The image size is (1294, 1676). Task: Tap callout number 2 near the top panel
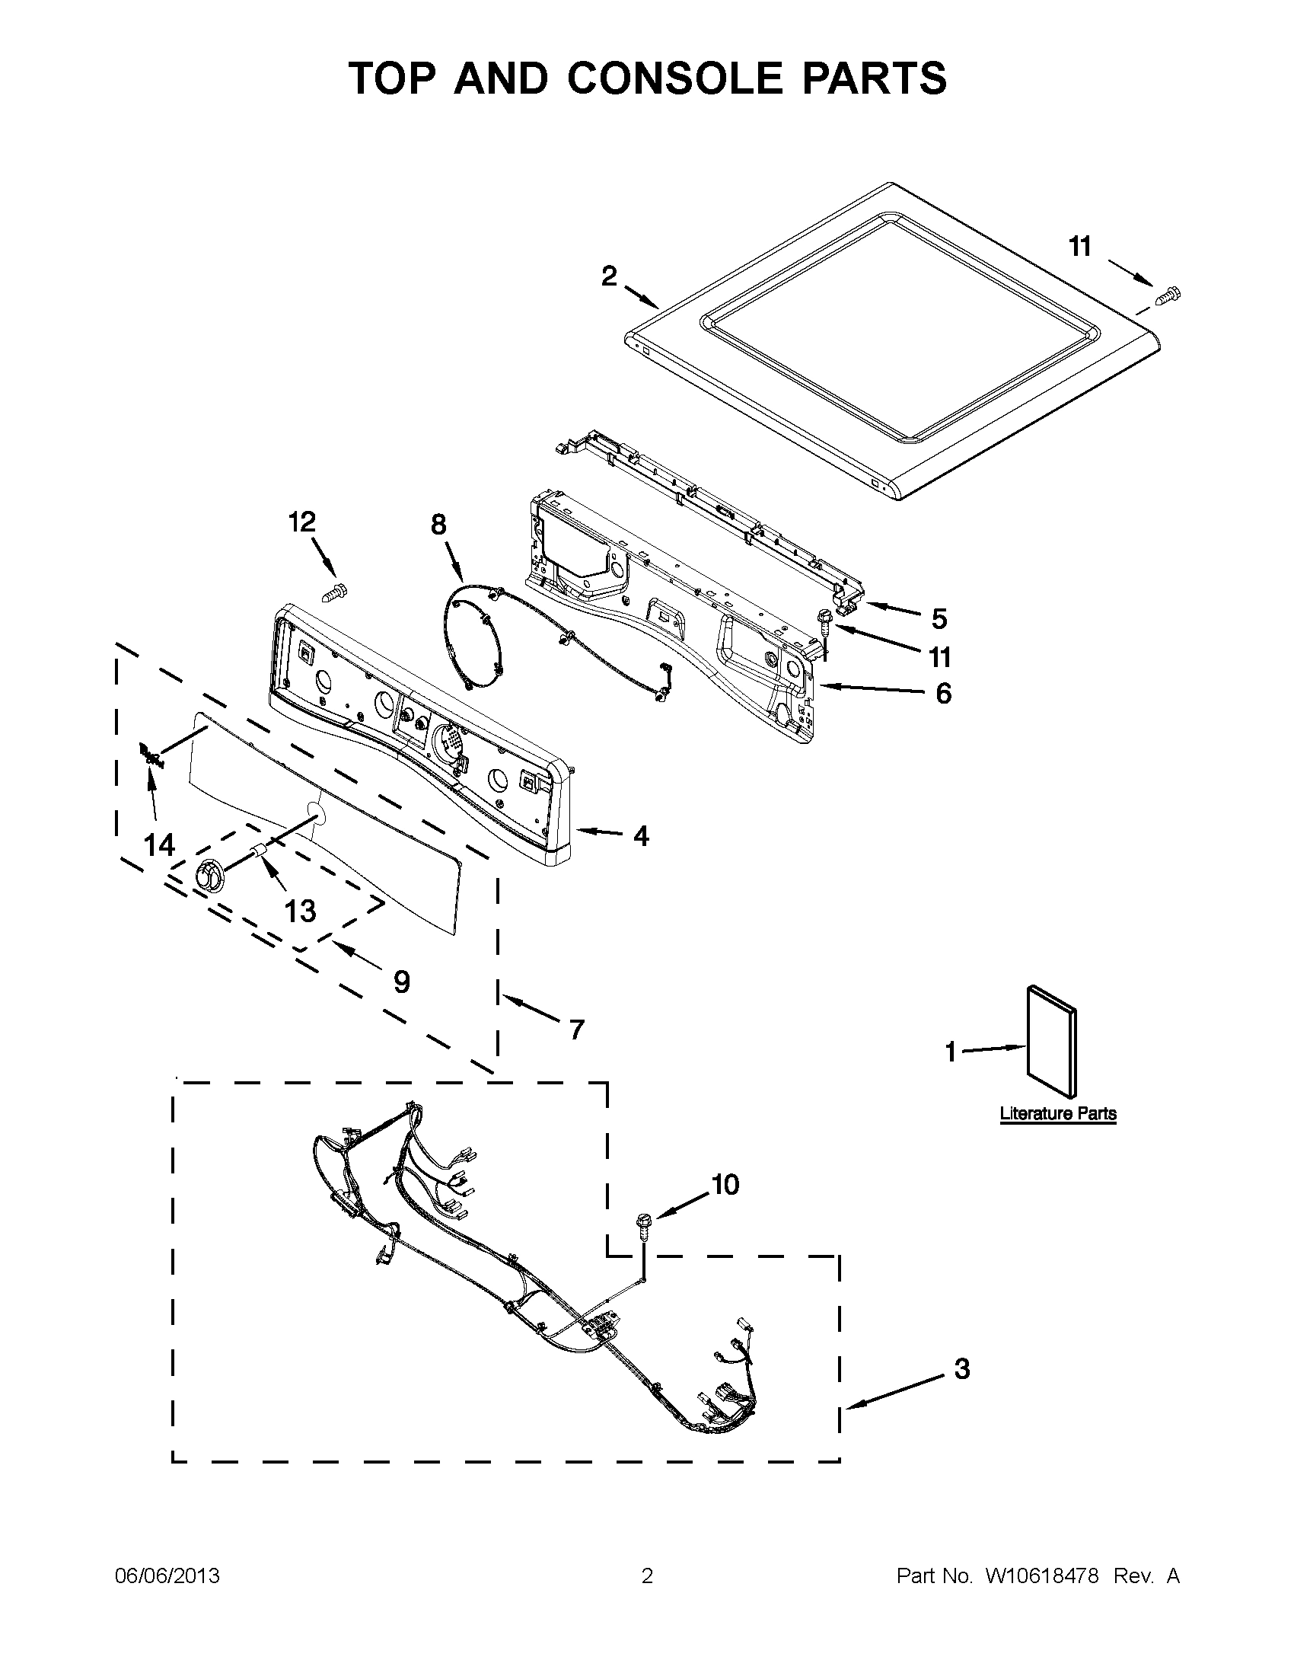coord(608,276)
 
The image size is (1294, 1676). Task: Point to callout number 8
coord(438,525)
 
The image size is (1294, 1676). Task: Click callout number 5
coord(939,618)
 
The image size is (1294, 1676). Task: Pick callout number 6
coord(942,693)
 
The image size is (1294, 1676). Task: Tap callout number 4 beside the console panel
coord(641,835)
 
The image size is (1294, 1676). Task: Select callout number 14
coord(160,845)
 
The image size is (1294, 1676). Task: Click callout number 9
coord(401,982)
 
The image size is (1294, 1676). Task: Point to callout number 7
coord(576,1028)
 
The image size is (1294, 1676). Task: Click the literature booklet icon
coord(1051,1042)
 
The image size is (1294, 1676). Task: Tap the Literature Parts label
coord(1058,1113)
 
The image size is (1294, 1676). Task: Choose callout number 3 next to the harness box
coord(962,1368)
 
